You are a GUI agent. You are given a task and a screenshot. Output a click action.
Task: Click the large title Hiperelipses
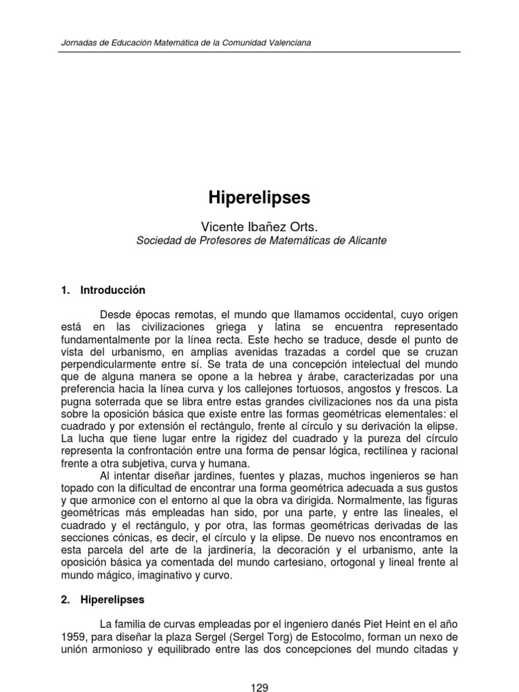coord(259,198)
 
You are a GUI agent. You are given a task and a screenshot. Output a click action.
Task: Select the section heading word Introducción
coord(113,290)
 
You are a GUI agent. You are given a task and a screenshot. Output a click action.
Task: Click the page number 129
coord(259,688)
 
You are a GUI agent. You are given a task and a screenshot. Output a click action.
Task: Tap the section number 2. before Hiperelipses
coord(65,599)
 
